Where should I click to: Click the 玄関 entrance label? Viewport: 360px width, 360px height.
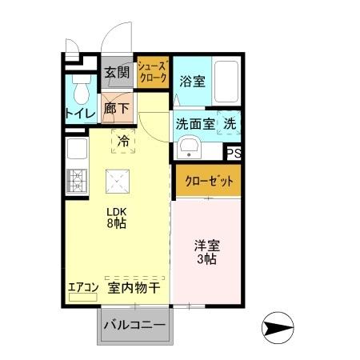(x=117, y=73)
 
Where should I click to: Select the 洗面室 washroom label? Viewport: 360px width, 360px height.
(x=194, y=124)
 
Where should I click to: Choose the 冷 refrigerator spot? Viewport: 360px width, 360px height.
(x=123, y=141)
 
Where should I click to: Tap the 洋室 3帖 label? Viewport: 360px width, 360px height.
(x=207, y=252)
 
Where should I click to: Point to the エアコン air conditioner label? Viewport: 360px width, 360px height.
(x=82, y=286)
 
